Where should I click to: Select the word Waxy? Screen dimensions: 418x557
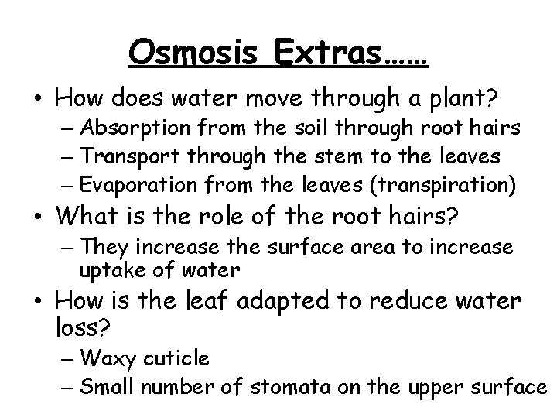[x=104, y=358]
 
